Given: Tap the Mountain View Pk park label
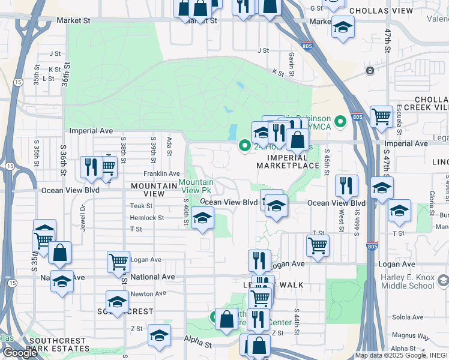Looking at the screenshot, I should [x=196, y=186].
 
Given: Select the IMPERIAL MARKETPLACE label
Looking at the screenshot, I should [x=288, y=161].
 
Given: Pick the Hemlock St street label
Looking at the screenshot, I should [x=147, y=218].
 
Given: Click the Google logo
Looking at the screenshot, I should [x=20, y=353].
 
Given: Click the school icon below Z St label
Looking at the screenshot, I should [x=159, y=335].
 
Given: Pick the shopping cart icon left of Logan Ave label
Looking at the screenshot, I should [x=119, y=261].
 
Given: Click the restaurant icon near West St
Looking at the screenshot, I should [x=346, y=185].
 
